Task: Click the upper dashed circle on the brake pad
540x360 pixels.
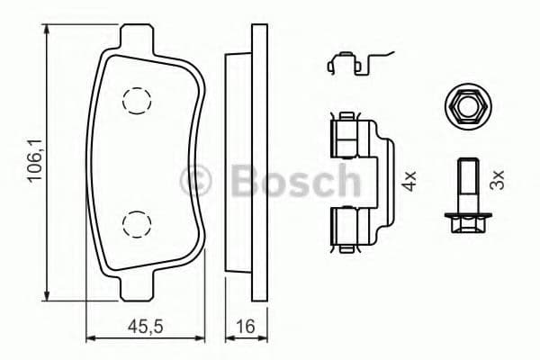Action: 136,101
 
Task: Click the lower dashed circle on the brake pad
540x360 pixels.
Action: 136,222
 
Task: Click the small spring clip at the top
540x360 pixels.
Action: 351,63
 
